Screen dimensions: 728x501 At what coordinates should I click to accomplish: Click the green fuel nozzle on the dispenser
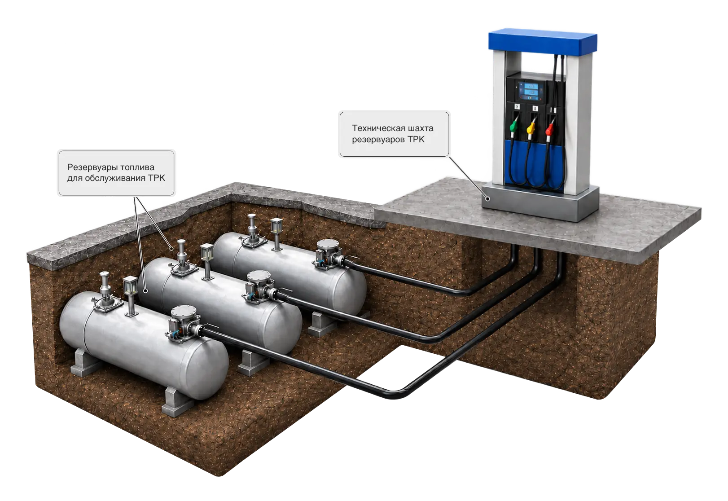(513, 125)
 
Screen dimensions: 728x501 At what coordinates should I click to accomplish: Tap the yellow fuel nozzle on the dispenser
(531, 127)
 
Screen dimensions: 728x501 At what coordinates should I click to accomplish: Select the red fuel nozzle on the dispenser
(549, 128)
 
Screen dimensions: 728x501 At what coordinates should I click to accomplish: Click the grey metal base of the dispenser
(540, 203)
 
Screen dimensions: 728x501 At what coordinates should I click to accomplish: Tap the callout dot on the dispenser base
(487, 199)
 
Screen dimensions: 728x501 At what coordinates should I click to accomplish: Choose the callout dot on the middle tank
(146, 290)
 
